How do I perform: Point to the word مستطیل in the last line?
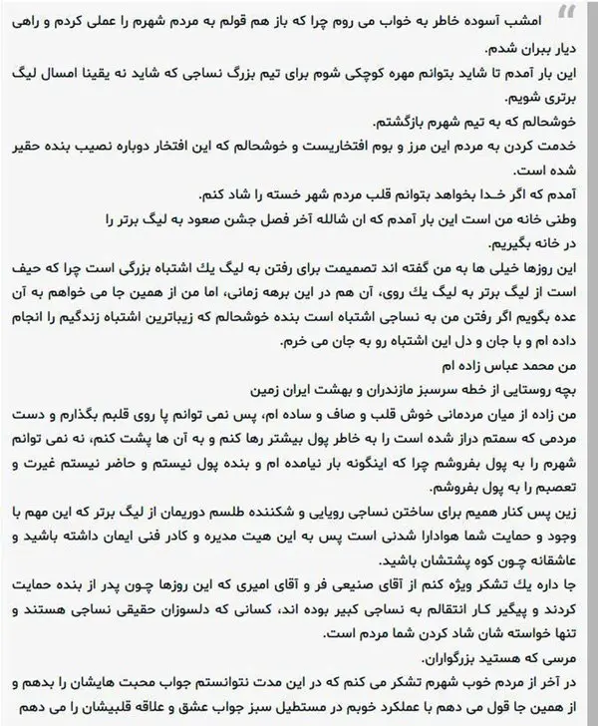pyautogui.click(x=276, y=711)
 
